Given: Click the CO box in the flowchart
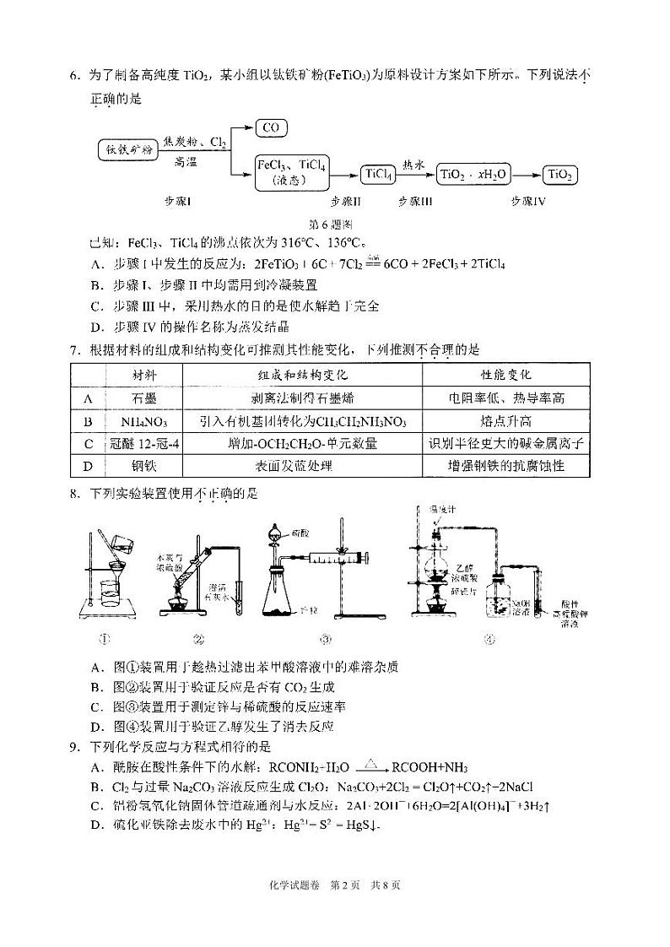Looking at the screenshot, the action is pos(271,127).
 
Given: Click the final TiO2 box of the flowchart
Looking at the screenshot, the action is pos(560,175).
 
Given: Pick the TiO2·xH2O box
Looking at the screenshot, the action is pos(473,175).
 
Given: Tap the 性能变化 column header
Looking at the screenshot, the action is pos(505,374).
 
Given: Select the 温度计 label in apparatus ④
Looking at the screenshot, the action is pos(441,510).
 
